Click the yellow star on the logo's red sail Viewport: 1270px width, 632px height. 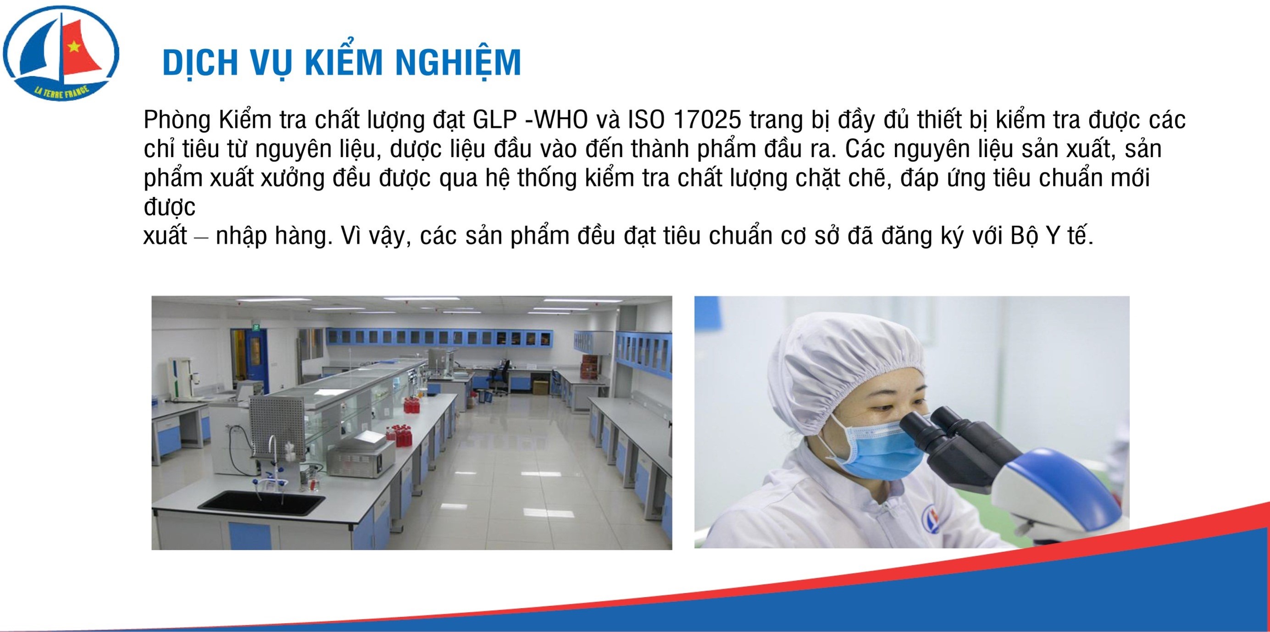(x=74, y=47)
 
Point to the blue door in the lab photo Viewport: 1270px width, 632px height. (x=255, y=354)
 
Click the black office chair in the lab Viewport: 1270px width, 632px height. (x=502, y=377)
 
